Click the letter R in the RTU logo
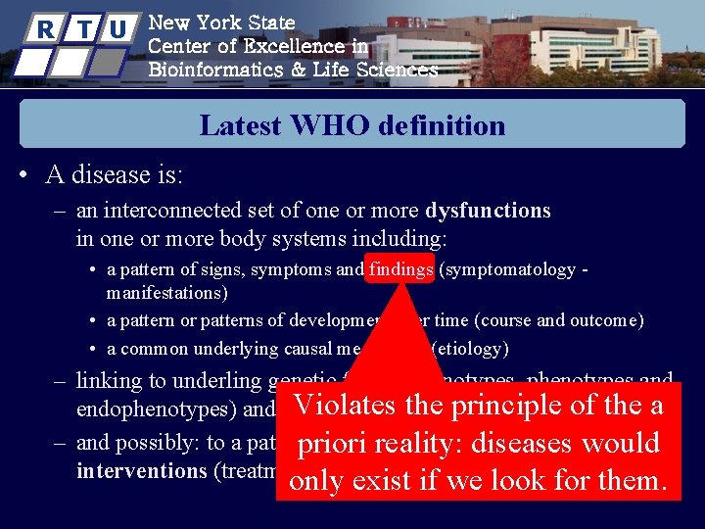[44, 28]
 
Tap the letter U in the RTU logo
[117, 28]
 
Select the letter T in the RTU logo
[82, 28]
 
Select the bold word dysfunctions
[488, 211]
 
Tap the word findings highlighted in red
[401, 269]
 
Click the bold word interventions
[141, 470]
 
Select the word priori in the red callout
[340, 443]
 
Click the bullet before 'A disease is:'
[23, 176]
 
